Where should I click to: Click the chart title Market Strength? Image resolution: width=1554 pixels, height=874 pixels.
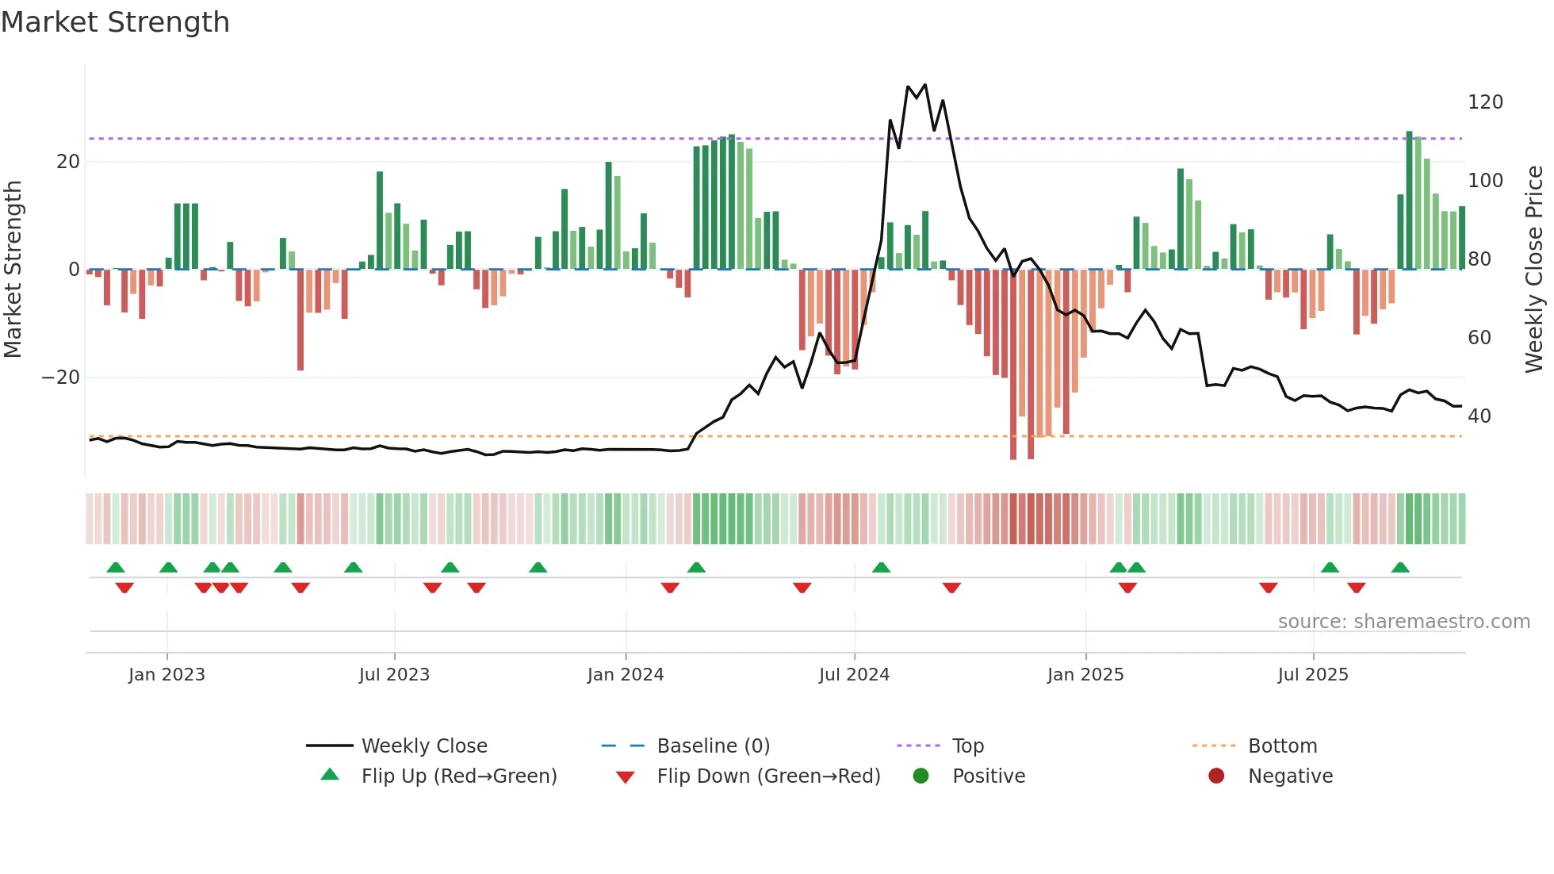[x=115, y=22]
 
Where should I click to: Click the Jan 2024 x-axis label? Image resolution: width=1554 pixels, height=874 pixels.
[x=626, y=675]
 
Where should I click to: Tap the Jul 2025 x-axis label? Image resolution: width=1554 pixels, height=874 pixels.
[x=1313, y=675]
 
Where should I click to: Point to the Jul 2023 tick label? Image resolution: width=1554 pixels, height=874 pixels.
[x=394, y=675]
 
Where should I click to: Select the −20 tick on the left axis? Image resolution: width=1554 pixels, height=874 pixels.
[x=61, y=378]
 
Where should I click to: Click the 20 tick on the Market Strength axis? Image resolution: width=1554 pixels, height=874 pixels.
[x=68, y=162]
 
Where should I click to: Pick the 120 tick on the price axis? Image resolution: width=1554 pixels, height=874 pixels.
[x=1485, y=102]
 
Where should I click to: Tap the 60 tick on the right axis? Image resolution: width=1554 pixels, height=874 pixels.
[x=1479, y=338]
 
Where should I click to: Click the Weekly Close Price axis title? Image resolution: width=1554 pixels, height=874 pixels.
[x=1534, y=270]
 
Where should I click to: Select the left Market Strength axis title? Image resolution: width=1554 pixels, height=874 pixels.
[x=13, y=270]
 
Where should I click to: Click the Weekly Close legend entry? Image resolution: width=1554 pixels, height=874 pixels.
[x=424, y=746]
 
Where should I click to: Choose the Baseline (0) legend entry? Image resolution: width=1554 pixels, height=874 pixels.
[x=713, y=746]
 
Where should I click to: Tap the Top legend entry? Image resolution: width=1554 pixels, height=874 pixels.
[x=967, y=746]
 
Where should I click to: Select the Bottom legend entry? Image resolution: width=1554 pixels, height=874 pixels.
[x=1282, y=746]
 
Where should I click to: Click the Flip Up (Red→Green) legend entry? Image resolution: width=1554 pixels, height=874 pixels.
[x=459, y=776]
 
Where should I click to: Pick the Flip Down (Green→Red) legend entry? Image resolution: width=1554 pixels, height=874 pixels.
[x=768, y=776]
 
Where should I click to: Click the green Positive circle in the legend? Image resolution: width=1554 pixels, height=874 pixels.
[x=921, y=776]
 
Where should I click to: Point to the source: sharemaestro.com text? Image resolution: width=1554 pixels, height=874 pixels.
[x=1403, y=622]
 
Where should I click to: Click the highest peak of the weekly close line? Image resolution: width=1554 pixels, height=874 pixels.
[x=925, y=85]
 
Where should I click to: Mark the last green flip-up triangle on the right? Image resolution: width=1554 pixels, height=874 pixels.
[x=1400, y=568]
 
